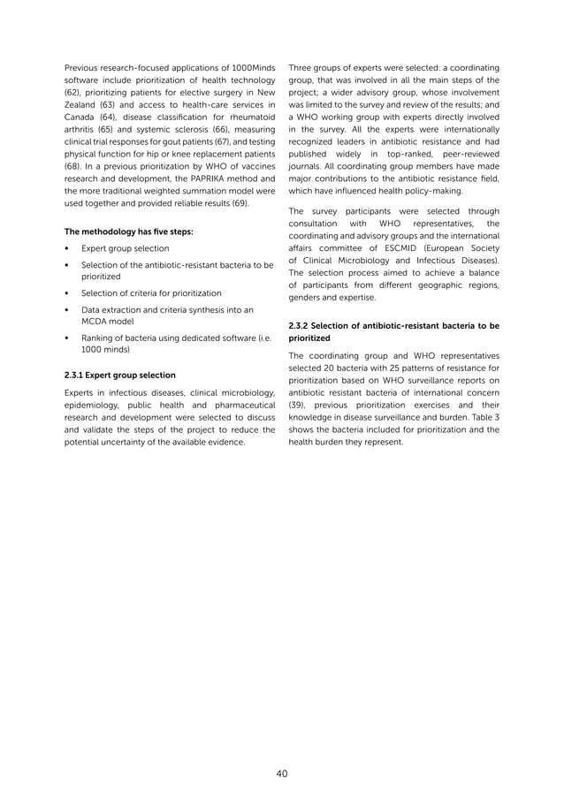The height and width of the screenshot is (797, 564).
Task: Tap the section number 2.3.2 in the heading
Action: [302, 325]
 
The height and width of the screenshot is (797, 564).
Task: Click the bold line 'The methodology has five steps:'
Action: [127, 232]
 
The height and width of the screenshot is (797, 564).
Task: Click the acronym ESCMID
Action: [377, 259]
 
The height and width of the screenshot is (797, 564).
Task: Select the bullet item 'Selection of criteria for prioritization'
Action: [151, 292]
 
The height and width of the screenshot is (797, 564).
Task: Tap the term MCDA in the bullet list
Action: [95, 323]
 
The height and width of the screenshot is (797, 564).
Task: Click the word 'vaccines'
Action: [255, 164]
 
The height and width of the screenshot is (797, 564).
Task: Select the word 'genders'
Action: [309, 298]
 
